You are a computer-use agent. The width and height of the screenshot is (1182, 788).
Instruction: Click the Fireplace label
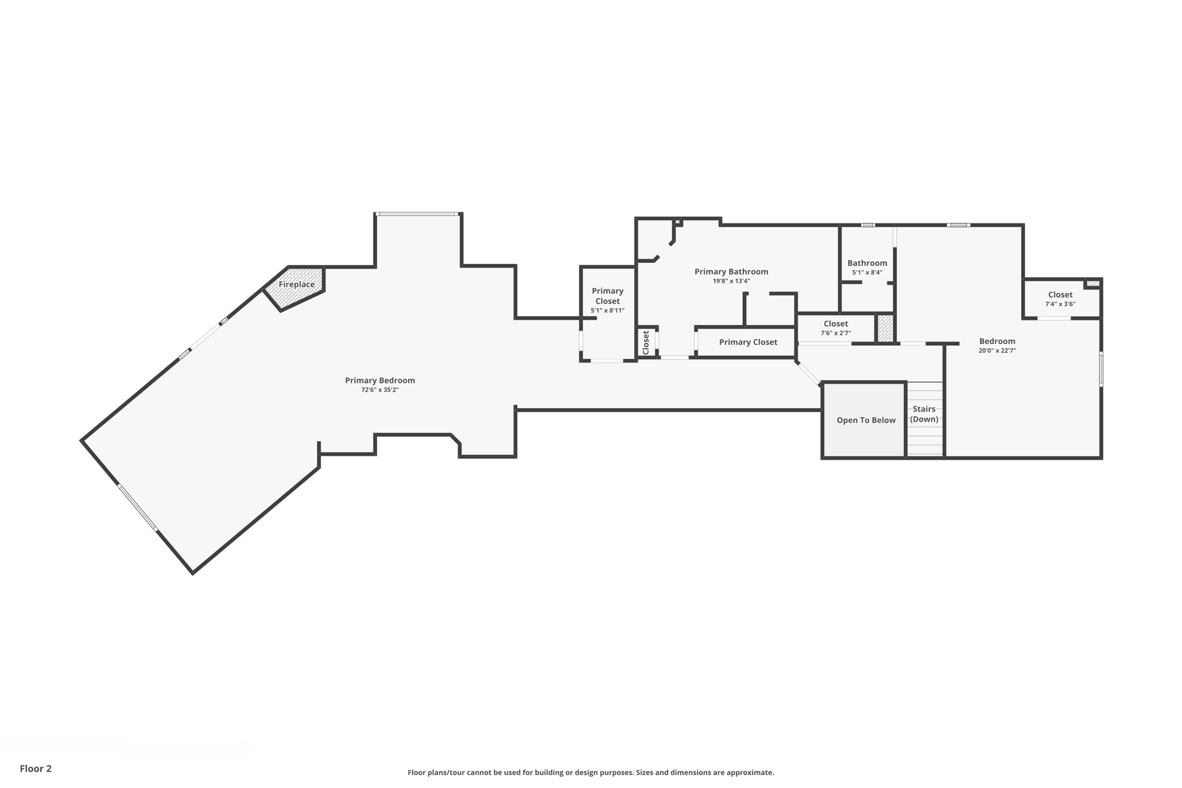point(297,284)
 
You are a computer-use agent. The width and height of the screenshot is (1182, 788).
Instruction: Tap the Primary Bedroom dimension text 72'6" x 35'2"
point(380,390)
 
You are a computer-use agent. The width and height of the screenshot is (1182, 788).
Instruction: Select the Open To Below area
point(865,420)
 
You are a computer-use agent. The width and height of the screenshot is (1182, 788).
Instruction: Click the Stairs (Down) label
point(924,414)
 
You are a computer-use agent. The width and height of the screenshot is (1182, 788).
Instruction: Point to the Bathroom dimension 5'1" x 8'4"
point(867,272)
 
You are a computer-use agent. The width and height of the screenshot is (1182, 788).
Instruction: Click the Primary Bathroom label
point(731,271)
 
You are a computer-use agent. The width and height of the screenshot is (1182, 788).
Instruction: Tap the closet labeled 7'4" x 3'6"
point(1060,299)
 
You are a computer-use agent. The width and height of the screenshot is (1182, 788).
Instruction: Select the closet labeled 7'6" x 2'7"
point(835,328)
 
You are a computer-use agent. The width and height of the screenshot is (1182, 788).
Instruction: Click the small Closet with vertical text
point(646,342)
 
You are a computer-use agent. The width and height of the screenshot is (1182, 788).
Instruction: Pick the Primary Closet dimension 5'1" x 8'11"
point(607,311)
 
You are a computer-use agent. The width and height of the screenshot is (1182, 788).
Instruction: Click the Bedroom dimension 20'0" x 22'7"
point(997,350)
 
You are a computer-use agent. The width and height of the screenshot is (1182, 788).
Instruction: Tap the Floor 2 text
point(36,768)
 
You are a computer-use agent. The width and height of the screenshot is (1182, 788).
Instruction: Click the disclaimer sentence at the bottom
point(590,772)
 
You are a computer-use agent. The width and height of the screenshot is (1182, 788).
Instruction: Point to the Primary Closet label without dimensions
point(747,342)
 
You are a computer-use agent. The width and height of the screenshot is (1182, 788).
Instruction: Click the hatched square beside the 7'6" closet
point(885,328)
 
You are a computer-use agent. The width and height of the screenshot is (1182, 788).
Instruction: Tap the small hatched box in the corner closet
point(1093,283)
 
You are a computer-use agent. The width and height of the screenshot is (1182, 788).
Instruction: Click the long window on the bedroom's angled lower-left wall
point(137,507)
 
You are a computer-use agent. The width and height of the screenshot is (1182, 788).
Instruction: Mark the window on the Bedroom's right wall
point(1101,369)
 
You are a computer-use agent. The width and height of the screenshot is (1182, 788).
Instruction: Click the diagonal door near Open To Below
point(808,373)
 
